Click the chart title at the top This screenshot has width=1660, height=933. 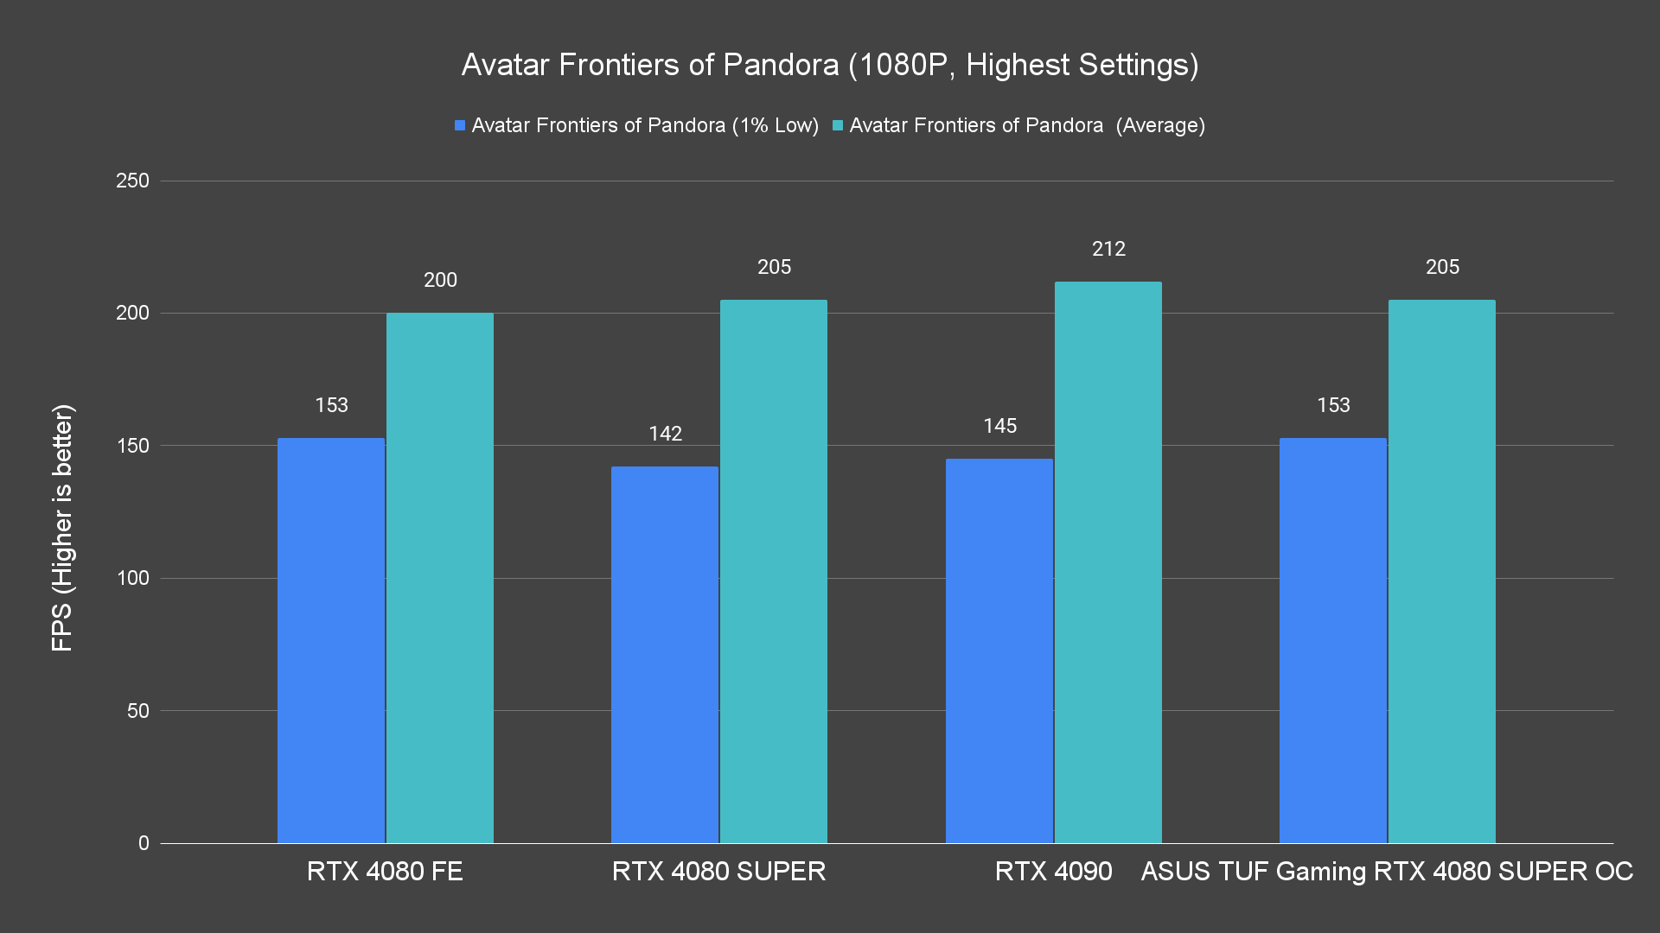coord(830,65)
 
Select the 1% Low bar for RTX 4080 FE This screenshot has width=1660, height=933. coord(331,640)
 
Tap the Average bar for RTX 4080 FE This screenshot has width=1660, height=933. coord(440,578)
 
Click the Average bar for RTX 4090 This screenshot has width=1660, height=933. coord(1108,562)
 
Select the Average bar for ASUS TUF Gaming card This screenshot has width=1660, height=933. coord(1442,571)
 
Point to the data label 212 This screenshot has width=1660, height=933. coord(1108,249)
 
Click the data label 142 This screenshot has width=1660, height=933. coord(666,434)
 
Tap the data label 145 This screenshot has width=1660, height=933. coord(1000,426)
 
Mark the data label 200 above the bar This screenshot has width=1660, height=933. coord(440,280)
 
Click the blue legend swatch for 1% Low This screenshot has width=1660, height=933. coord(460,126)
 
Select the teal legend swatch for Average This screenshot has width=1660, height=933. coord(838,126)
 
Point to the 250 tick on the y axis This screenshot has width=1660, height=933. coord(132,181)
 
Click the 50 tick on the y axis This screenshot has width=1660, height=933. coord(138,711)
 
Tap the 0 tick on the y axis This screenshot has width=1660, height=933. coord(144,843)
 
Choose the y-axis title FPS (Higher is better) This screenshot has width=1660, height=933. coord(62,527)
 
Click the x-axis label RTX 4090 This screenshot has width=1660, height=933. coord(1053,871)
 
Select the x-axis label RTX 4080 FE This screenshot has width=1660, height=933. coord(385,871)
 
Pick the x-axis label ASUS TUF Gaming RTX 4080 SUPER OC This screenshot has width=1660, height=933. coord(1387,871)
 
